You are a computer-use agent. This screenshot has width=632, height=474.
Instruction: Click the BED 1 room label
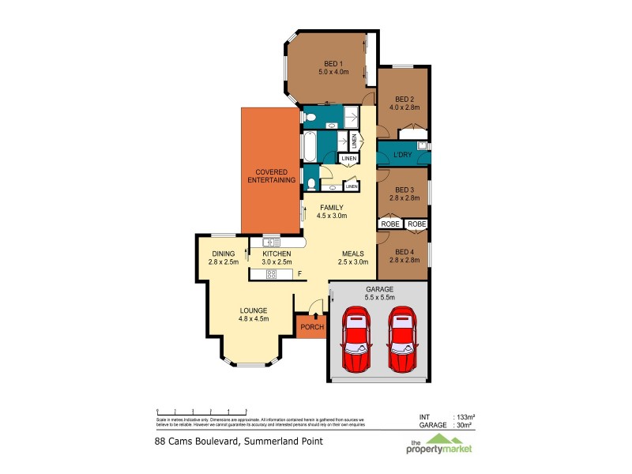point(333,63)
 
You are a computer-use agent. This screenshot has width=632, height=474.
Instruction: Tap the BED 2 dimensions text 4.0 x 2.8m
point(403,107)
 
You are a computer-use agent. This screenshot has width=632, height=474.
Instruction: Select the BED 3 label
point(404,190)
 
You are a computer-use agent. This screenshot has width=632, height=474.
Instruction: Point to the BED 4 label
point(404,250)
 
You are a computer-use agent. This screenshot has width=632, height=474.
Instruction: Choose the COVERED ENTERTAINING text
point(271,176)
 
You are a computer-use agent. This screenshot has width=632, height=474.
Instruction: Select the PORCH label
point(311,326)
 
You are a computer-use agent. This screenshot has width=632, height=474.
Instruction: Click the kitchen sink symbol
point(271,243)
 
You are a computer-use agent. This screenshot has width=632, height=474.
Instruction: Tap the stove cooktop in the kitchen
point(272,274)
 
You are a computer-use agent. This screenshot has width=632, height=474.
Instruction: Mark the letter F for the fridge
point(299,274)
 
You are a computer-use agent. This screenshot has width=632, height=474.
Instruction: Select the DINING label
point(222,254)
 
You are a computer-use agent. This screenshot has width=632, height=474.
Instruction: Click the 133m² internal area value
point(463,416)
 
